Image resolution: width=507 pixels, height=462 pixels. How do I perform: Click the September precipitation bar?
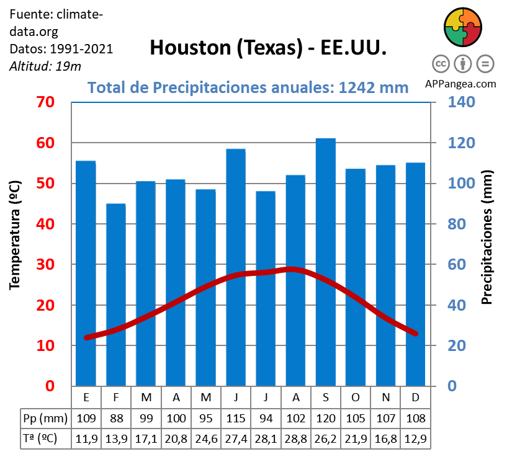click(325, 260)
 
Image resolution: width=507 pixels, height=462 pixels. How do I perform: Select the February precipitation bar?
click(116, 295)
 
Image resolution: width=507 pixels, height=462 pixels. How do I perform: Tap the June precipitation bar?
click(236, 267)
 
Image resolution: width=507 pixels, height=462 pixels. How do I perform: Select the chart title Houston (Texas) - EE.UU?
click(268, 48)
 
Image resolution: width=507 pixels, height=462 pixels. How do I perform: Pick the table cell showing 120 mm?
click(326, 417)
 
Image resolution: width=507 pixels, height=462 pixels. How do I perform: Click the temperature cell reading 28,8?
click(296, 438)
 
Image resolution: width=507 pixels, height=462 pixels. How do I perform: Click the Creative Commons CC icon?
click(441, 63)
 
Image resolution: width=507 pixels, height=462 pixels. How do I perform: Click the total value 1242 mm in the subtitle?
click(374, 87)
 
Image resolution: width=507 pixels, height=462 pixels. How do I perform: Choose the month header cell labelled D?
click(415, 397)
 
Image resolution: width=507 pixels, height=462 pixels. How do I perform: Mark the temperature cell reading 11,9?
click(86, 438)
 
